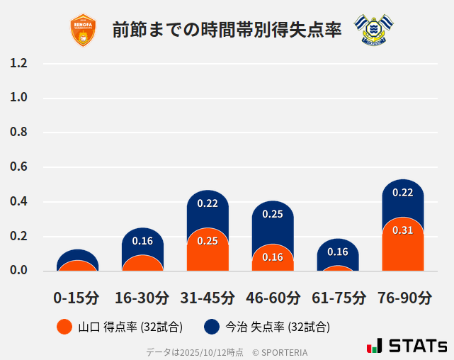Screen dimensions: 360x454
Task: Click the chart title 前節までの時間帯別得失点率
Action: tap(227, 30)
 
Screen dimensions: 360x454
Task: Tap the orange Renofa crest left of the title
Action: tap(84, 30)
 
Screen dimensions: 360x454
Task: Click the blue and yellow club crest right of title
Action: tap(371, 30)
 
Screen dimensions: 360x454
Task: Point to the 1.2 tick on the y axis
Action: tap(18, 63)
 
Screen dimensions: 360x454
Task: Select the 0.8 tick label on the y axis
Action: tap(18, 132)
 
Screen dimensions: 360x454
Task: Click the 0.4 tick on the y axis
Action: tap(18, 201)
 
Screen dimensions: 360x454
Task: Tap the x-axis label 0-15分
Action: tap(77, 298)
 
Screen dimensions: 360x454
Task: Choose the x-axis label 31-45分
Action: tap(208, 298)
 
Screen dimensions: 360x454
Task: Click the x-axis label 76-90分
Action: tap(403, 298)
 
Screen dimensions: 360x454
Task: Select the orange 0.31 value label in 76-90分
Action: tap(402, 230)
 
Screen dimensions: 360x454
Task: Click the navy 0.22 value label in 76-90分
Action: tap(402, 192)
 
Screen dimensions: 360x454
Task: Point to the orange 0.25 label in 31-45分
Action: tap(208, 241)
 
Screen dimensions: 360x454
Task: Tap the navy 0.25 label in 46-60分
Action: tap(273, 213)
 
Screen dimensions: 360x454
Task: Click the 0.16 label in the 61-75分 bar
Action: tap(338, 252)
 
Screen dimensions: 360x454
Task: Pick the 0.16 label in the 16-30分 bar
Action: tap(142, 241)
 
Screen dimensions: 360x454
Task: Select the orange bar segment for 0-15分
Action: tap(77, 266)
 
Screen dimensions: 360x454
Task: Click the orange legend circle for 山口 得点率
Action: tap(64, 327)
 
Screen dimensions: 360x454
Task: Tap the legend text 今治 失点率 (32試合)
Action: tap(278, 327)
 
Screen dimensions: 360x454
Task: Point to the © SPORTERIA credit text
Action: tap(280, 352)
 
